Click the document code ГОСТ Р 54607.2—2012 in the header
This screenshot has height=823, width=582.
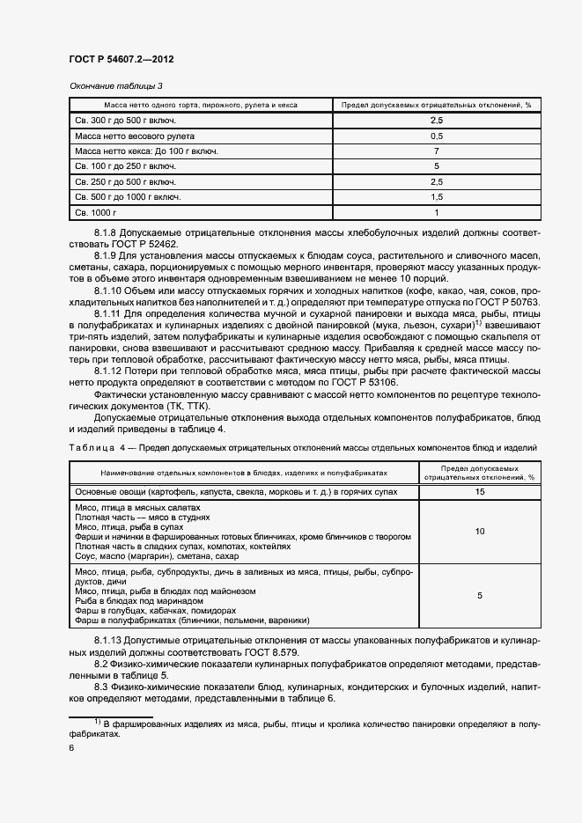[121, 59]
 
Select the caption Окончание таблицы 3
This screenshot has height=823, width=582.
[116, 85]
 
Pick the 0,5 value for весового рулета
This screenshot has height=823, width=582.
[436, 136]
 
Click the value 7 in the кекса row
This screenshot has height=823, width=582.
[436, 151]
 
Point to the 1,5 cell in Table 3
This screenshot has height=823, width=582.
[436, 196]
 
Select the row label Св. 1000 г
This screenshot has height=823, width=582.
[96, 212]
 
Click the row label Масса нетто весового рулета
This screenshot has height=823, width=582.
[134, 136]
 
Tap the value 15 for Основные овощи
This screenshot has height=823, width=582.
[479, 491]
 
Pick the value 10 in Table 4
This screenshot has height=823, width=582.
[479, 532]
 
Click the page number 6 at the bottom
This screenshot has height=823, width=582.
[71, 747]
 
